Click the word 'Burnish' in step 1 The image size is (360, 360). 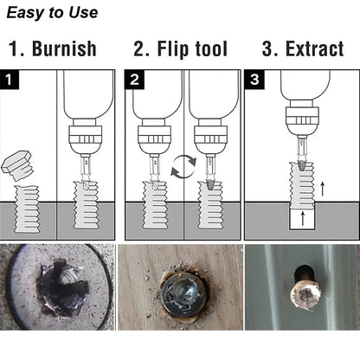click(x=64, y=48)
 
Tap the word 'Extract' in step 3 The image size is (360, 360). click(x=303, y=48)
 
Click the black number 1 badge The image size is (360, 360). click(x=11, y=81)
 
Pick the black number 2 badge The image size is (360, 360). click(x=135, y=81)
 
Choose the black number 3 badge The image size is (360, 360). click(x=254, y=81)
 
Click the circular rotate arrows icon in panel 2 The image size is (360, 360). click(x=183, y=167)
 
